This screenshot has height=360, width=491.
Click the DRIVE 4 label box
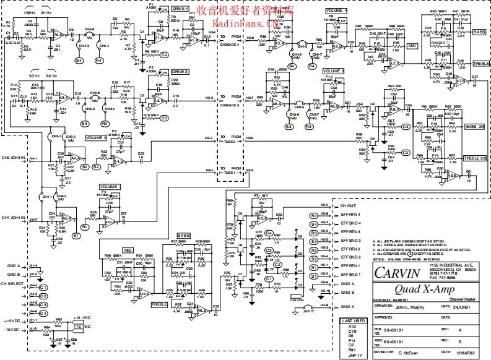[181, 8]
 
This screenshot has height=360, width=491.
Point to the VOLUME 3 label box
[333, 72]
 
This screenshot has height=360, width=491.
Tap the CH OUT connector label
[349, 205]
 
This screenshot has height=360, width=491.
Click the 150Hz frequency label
[29, 12]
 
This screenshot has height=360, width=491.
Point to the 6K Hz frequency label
[51, 75]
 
